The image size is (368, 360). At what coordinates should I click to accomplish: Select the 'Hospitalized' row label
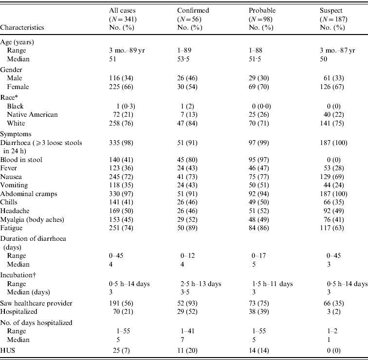[21, 311]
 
